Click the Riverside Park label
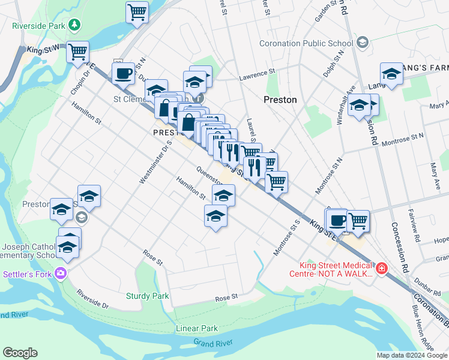39,26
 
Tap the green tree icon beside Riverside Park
74,25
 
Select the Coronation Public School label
306,43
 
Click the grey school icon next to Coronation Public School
362,43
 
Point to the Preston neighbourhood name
280,100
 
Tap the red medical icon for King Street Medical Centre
381,268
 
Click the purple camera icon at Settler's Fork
60,274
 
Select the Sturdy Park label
148,296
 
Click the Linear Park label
197,328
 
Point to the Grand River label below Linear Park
212,343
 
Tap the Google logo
20,353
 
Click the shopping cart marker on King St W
77,52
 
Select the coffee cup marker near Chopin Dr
123,73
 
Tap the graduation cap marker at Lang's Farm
391,74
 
